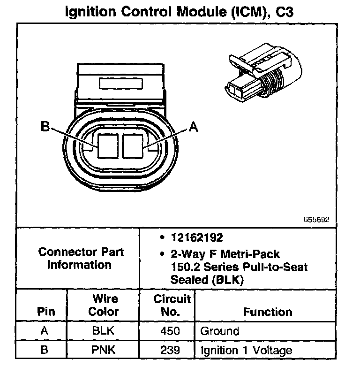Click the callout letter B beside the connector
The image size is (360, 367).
(x=45, y=127)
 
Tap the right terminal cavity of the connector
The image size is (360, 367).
(x=133, y=146)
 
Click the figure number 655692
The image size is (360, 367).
(x=316, y=219)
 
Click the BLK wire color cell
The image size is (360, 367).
(x=103, y=331)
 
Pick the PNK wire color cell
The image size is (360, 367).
(x=103, y=350)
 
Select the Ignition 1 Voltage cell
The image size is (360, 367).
(x=246, y=350)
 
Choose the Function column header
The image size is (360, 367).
(x=267, y=312)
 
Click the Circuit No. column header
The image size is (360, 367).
(x=172, y=305)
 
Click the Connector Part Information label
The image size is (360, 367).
(x=81, y=258)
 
